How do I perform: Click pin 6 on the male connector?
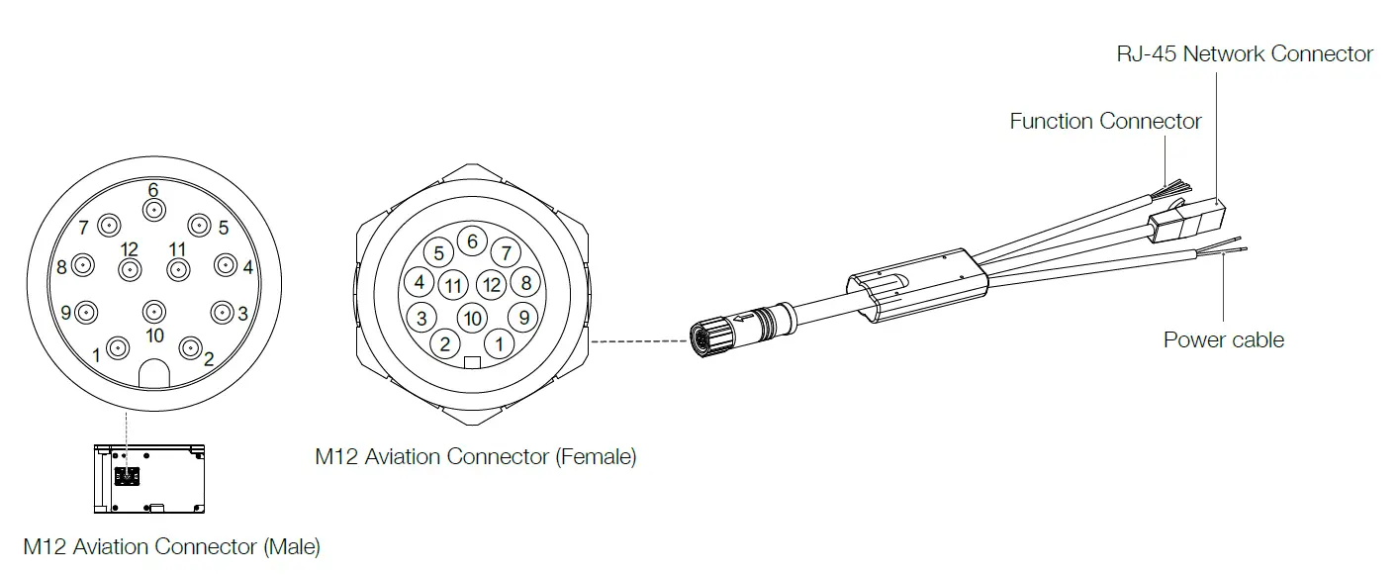pyautogui.click(x=153, y=209)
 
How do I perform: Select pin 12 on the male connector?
pyautogui.click(x=130, y=269)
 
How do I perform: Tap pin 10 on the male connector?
pyautogui.click(x=153, y=313)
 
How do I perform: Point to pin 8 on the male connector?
pyautogui.click(x=83, y=265)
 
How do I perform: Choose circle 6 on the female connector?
pyautogui.click(x=472, y=241)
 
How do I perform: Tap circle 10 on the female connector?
pyautogui.click(x=472, y=318)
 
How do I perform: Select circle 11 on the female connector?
pyautogui.click(x=453, y=286)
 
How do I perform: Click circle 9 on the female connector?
pyautogui.click(x=523, y=318)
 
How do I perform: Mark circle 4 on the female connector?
pyautogui.click(x=420, y=282)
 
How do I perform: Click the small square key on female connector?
pyautogui.click(x=472, y=361)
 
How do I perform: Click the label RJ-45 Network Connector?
pyautogui.click(x=1245, y=53)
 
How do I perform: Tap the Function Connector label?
pyautogui.click(x=1105, y=122)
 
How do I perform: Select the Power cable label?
pyautogui.click(x=1223, y=340)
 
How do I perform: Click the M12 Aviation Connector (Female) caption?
pyautogui.click(x=475, y=457)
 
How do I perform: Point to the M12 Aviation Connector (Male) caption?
pyautogui.click(x=172, y=546)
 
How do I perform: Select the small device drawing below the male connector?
pyautogui.click(x=148, y=479)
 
